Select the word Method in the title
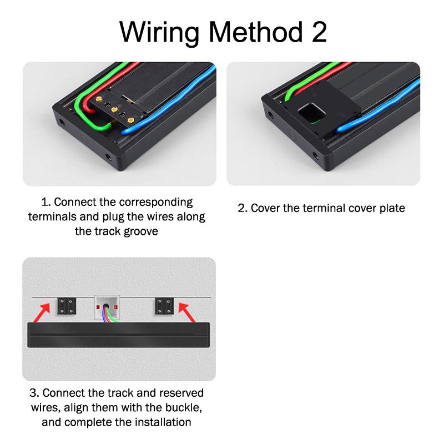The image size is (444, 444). click(x=256, y=32)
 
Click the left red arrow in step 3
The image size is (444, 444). click(x=42, y=312)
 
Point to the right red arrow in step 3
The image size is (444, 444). click(x=187, y=312)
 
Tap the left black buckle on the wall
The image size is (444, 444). click(x=67, y=306)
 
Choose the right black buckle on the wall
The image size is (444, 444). click(x=164, y=306)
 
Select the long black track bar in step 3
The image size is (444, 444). click(x=119, y=335)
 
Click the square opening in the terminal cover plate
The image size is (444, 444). click(x=312, y=113)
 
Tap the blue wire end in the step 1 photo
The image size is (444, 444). click(x=126, y=131)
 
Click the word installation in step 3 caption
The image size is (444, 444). click(x=163, y=422)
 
